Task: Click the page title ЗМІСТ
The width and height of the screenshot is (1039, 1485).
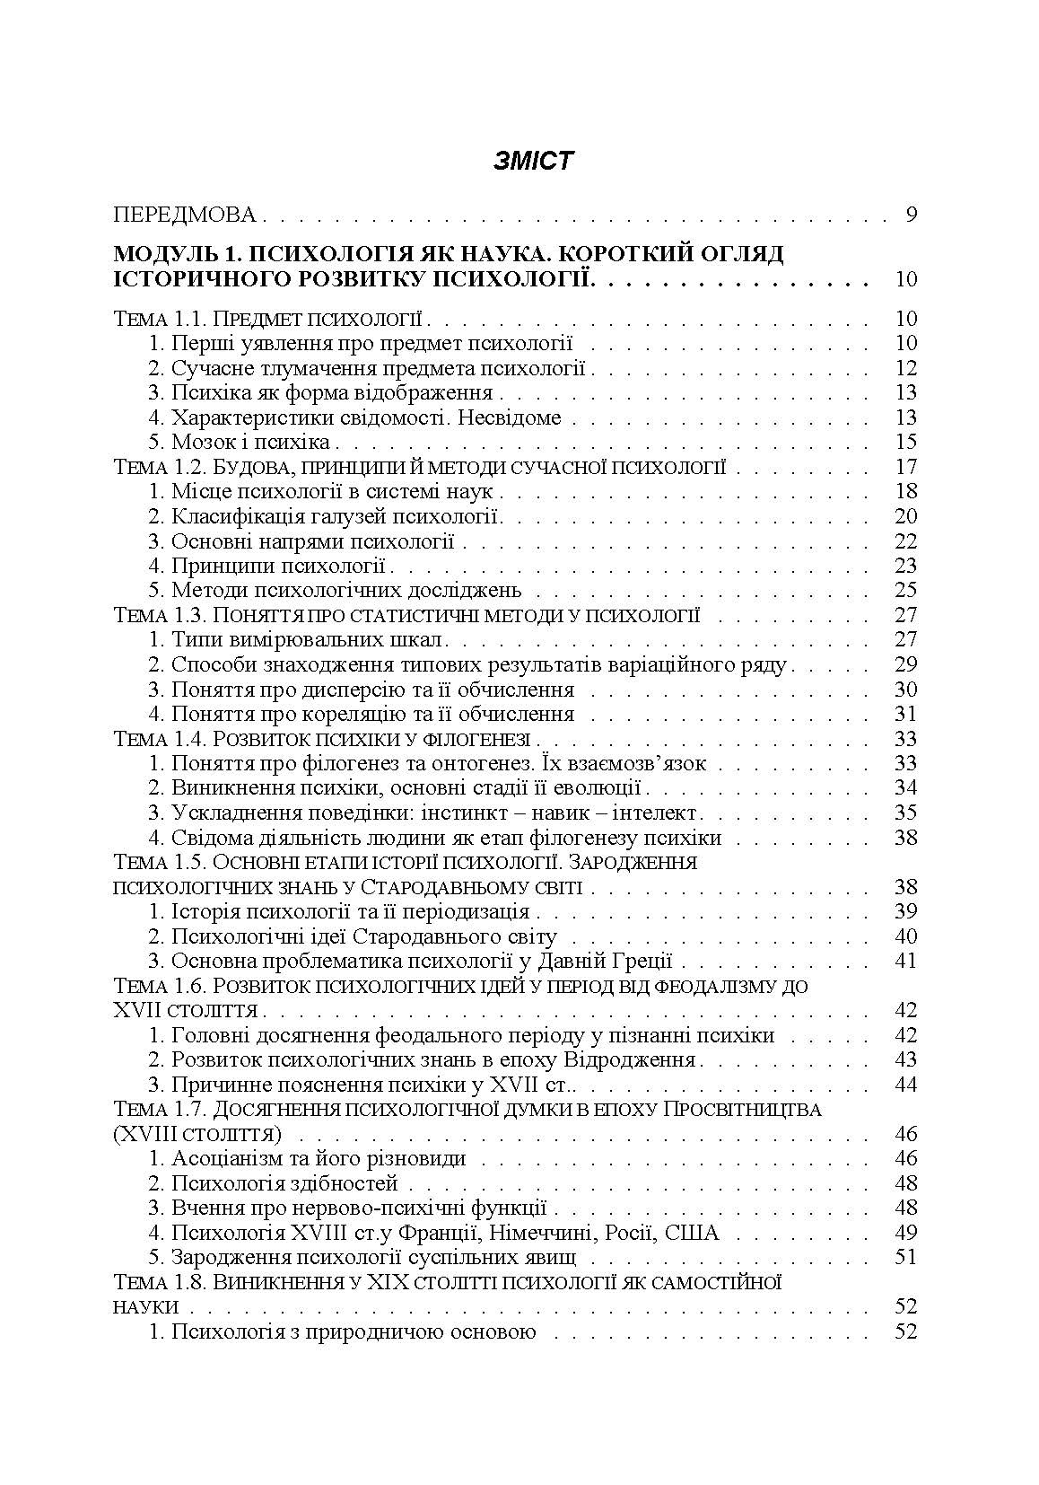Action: tap(533, 162)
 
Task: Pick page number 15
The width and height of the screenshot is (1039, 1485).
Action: tap(905, 442)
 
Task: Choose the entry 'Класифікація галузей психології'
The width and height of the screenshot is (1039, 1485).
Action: tap(335, 516)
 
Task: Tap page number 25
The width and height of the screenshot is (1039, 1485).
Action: tap(905, 590)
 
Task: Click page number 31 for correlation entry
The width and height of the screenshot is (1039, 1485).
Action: tap(905, 714)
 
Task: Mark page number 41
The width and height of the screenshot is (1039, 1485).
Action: tap(905, 961)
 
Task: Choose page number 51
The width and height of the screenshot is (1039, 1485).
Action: tap(905, 1257)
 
